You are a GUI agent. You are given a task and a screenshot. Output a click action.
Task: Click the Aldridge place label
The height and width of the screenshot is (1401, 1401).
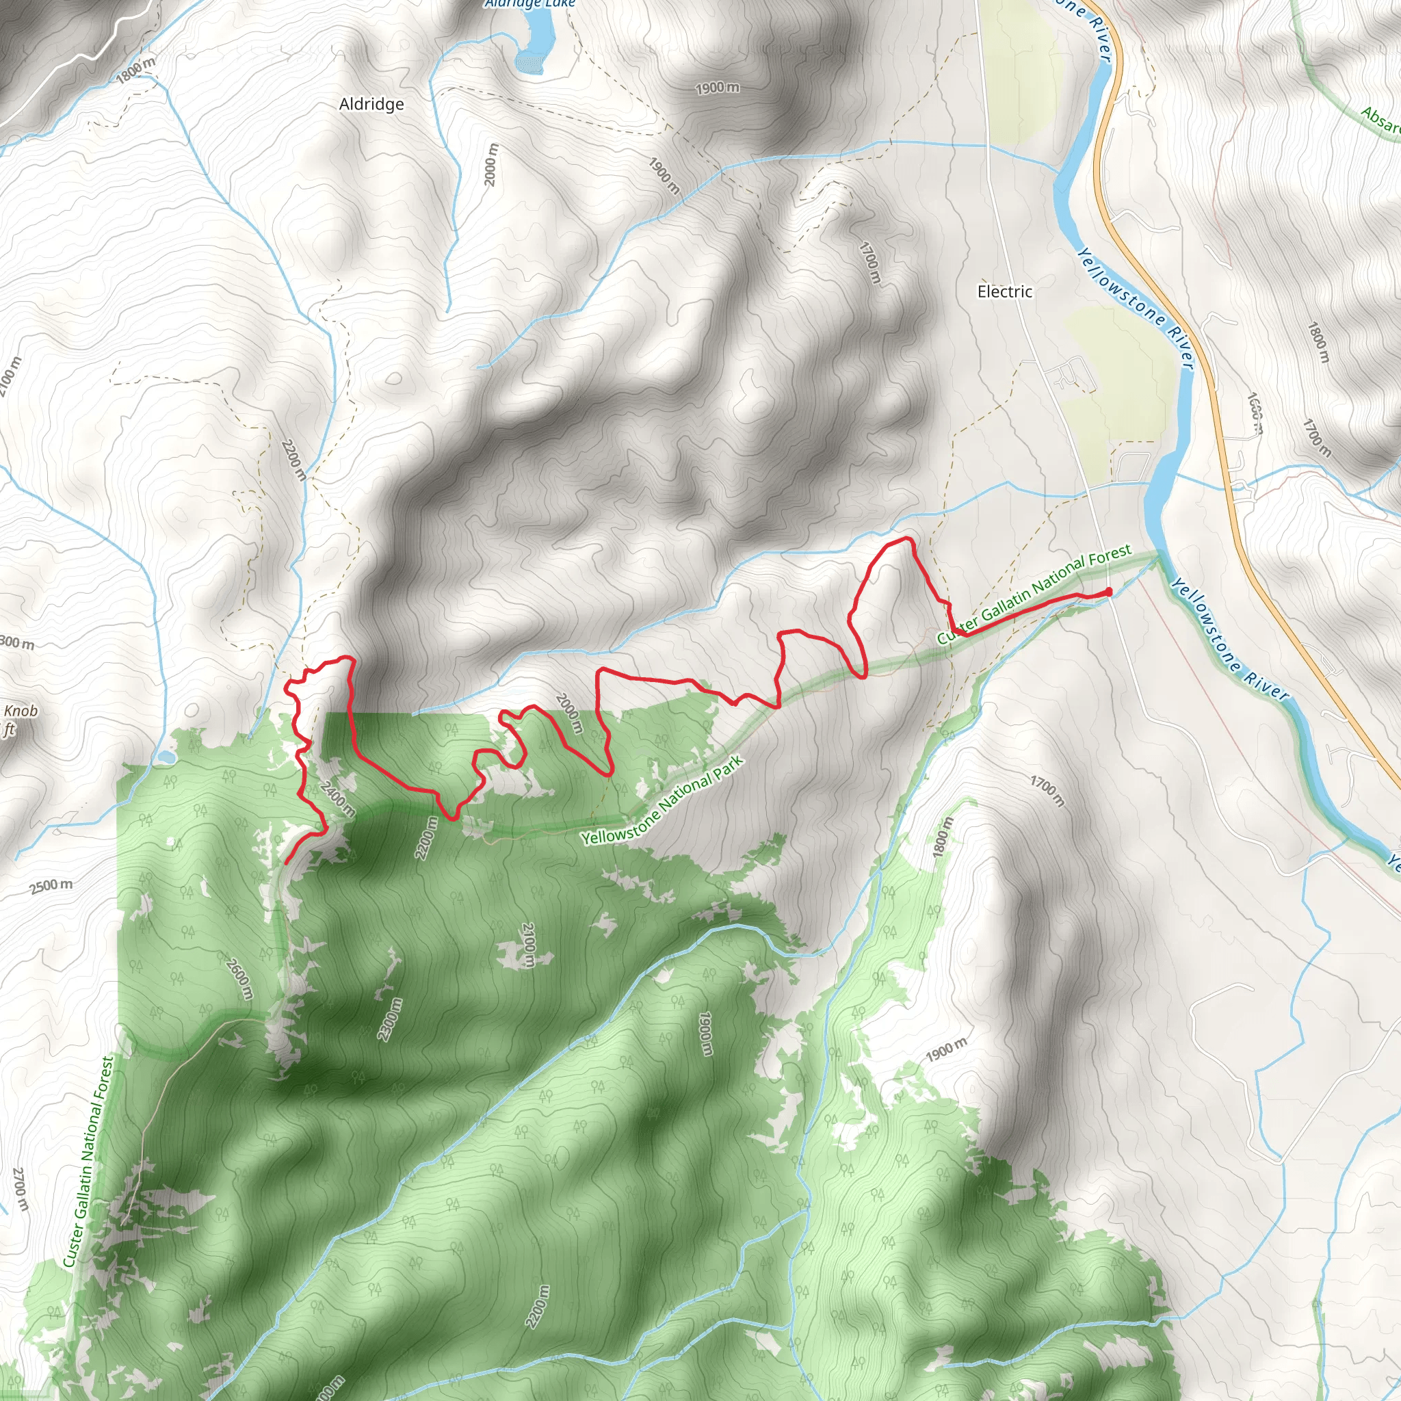point(371,105)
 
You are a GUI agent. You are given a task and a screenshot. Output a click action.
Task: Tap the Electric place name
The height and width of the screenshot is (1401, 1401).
point(1004,291)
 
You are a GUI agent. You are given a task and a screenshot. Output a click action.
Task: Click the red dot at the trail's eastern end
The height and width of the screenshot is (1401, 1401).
point(1108,592)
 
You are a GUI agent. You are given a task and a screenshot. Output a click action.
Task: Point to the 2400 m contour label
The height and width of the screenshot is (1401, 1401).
point(337,798)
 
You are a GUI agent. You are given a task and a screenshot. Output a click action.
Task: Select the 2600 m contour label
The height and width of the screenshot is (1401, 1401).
point(239,978)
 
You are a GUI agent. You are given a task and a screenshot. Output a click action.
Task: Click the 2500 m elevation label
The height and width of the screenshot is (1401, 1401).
point(51,886)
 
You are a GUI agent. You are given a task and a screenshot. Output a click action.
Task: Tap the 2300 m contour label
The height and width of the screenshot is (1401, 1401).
point(389,1019)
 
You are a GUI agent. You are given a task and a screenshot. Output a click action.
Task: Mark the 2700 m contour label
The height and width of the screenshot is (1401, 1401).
point(21,1189)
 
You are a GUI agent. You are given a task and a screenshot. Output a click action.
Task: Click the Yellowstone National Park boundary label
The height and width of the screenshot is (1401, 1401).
point(662,801)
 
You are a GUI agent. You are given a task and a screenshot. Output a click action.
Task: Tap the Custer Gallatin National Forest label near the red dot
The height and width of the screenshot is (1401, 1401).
point(1034,594)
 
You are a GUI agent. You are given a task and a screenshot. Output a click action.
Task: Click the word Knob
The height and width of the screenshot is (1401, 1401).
point(21,711)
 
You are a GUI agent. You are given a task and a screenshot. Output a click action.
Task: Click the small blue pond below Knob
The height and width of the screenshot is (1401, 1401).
point(166,757)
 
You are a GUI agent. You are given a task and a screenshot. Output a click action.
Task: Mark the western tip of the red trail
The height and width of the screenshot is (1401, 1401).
point(287,863)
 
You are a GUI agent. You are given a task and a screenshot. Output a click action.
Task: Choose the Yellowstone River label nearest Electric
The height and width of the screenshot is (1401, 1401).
point(1135,309)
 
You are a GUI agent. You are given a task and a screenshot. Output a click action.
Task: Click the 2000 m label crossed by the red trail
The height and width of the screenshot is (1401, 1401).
point(569,713)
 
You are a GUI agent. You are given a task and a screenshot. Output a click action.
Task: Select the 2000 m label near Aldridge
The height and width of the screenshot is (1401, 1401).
point(492,165)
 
